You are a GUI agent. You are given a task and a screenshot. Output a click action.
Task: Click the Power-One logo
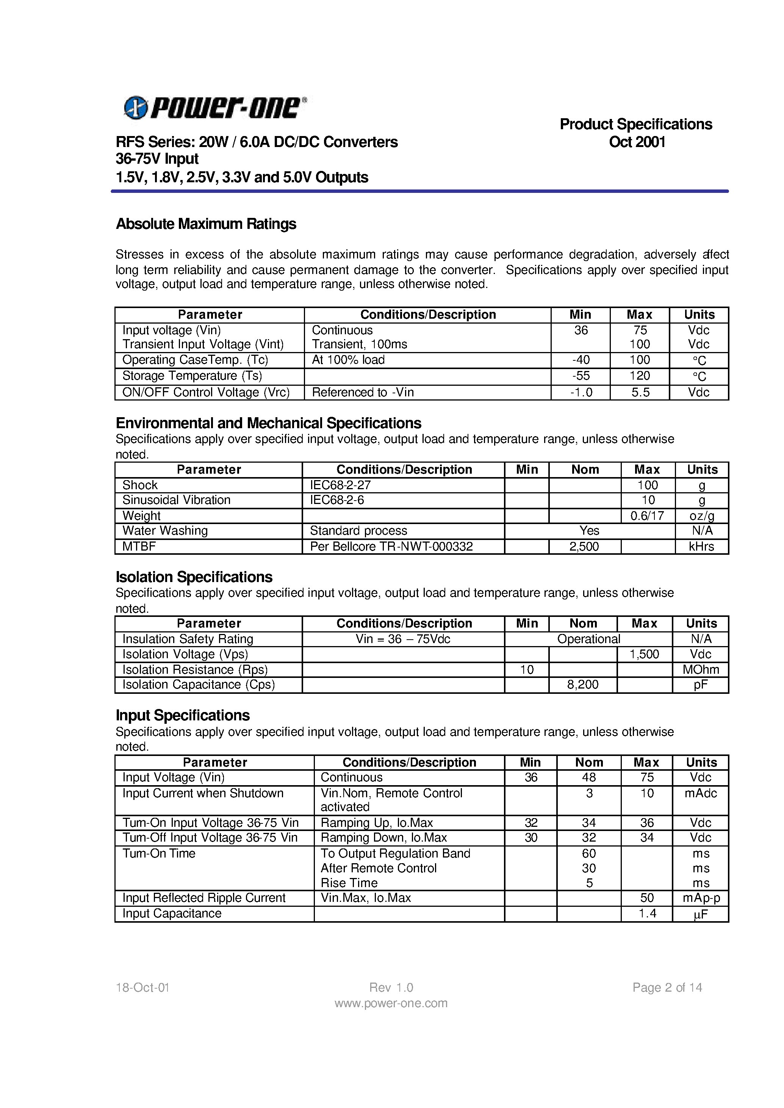[x=215, y=107]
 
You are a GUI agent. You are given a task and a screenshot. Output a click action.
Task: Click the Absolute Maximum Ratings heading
[x=206, y=224]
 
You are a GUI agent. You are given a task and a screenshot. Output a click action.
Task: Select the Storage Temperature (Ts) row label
[x=192, y=376]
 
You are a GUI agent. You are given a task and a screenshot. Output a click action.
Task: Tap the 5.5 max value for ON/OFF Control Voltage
[x=640, y=393]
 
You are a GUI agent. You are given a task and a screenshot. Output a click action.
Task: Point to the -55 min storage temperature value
[x=581, y=376]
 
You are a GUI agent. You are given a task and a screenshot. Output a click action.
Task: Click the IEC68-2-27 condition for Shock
[x=340, y=485]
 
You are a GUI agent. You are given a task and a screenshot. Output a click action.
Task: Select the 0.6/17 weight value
[x=647, y=516]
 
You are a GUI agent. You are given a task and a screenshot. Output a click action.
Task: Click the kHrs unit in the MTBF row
[x=701, y=546]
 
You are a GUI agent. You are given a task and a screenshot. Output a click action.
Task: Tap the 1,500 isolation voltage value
[x=644, y=654]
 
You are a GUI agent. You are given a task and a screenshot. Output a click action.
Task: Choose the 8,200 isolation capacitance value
[x=583, y=685]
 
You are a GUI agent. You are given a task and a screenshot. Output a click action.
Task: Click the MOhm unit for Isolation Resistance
[x=701, y=670]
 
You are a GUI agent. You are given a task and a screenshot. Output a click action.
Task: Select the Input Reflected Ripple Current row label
[x=204, y=898]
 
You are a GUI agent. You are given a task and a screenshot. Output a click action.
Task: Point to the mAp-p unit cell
[x=701, y=898]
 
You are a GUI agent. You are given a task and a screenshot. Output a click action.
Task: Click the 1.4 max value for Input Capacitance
[x=647, y=914]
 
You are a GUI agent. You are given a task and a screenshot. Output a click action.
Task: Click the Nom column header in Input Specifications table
[x=589, y=762]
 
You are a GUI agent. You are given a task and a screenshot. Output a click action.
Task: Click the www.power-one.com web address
[x=391, y=1003]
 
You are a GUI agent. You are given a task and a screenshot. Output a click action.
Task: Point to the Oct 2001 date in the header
[x=637, y=142]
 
